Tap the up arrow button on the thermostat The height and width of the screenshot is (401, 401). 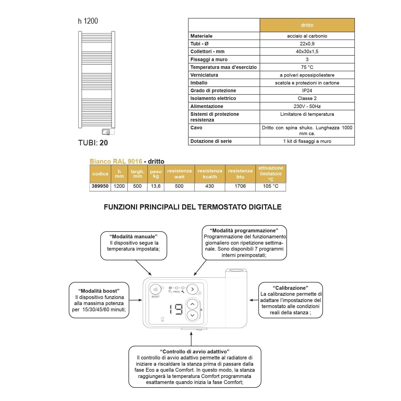coord(192,304)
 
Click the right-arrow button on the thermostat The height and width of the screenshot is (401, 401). coord(192,289)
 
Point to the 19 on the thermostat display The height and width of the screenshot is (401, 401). coord(176,309)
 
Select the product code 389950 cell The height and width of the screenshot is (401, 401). coord(100,186)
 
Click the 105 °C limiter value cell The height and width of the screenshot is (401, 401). coord(271,186)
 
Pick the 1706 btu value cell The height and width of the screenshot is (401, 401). coord(240,186)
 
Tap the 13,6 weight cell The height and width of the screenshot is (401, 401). coord(156,186)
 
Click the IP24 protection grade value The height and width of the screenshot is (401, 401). coord(307,90)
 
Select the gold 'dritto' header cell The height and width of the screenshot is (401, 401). coord(307,25)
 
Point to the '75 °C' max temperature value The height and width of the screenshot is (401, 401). coord(307,67)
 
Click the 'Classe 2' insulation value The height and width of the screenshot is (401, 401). coord(307,98)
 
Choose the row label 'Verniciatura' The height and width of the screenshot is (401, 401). coord(204,75)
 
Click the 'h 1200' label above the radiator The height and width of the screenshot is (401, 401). coord(88,21)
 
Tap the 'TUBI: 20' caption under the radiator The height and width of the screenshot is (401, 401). coord(93,143)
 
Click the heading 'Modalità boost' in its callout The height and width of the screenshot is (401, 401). coord(99,291)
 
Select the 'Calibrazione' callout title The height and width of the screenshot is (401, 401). coord(290,288)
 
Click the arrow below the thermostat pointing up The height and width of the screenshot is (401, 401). coord(191,338)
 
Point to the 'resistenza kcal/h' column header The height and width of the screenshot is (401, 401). coord(210,174)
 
